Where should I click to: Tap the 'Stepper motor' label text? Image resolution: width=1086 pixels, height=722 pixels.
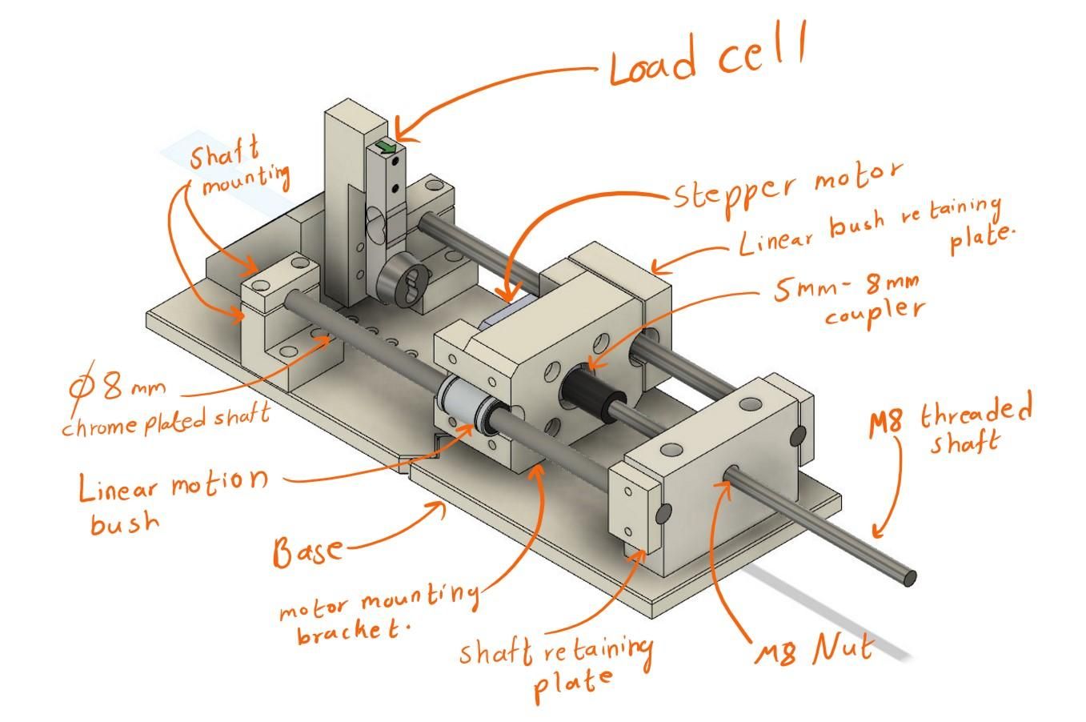pyautogui.click(x=787, y=184)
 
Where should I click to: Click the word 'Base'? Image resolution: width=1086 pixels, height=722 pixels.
pyautogui.click(x=307, y=551)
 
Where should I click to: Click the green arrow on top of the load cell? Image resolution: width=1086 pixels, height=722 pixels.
pyautogui.click(x=387, y=146)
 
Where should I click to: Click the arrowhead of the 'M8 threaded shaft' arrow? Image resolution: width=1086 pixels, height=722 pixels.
pyautogui.click(x=877, y=534)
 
